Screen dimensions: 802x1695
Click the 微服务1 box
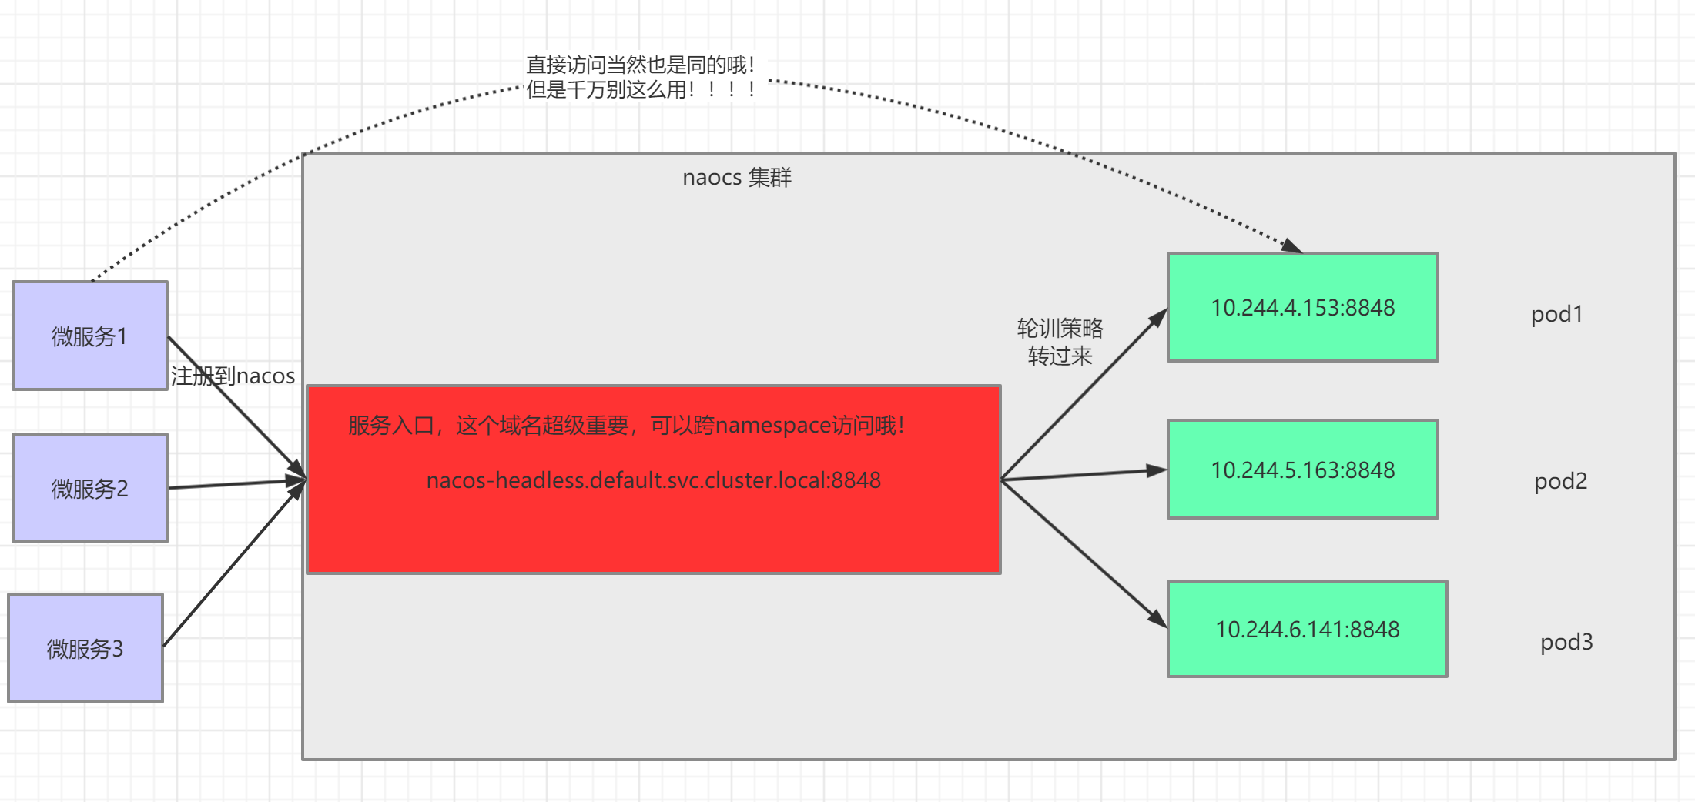[x=90, y=336]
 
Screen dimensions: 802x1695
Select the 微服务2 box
[x=90, y=488]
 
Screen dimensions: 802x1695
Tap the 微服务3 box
[x=85, y=648]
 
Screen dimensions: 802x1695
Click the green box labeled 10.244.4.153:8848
[x=1302, y=307]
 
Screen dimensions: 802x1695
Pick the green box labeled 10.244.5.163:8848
[x=1302, y=470]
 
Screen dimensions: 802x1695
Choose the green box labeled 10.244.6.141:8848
[x=1307, y=629]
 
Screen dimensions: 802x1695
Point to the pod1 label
[x=1556, y=314]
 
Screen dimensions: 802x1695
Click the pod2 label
[x=1560, y=481]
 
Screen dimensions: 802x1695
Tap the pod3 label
[x=1566, y=642]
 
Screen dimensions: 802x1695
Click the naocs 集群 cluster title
[x=736, y=178]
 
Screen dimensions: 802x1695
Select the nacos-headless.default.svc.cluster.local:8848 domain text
[x=653, y=480]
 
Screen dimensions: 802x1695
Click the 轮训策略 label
[x=1060, y=329]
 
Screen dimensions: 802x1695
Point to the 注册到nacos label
[x=233, y=376]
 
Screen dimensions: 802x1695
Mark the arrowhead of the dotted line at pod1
[x=1292, y=247]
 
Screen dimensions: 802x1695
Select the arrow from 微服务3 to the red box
[x=231, y=566]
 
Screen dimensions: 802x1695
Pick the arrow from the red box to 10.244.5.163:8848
[x=1084, y=475]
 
